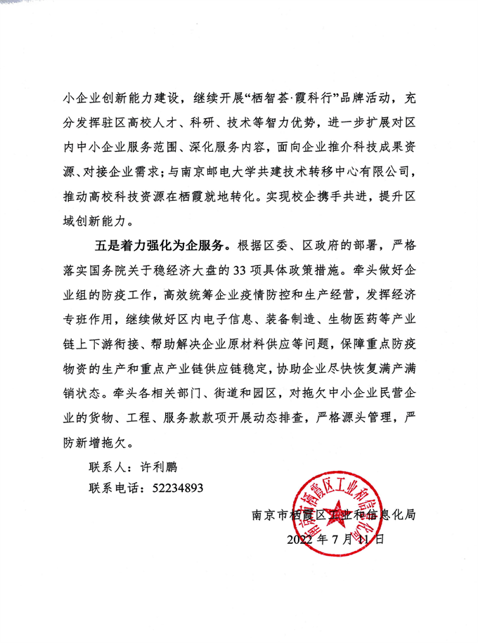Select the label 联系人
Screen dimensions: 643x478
click(106, 467)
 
